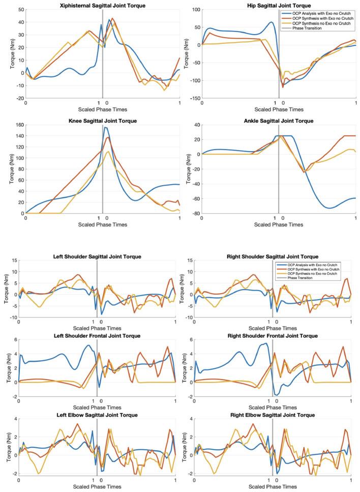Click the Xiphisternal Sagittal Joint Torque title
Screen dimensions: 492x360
[x=102, y=5]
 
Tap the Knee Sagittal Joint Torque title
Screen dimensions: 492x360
[x=102, y=121]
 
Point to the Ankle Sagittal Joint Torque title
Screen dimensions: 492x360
[x=279, y=121]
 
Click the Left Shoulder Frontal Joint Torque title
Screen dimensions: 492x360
[x=97, y=336]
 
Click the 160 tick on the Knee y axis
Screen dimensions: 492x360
[x=19, y=125]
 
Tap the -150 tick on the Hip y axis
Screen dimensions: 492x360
[x=192, y=98]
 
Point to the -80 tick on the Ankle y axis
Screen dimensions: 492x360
[x=194, y=213]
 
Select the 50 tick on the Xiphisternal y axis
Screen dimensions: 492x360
[x=20, y=10]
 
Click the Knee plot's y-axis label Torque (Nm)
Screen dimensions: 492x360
[x=7, y=169]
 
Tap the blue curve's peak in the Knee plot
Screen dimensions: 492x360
[x=105, y=127]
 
